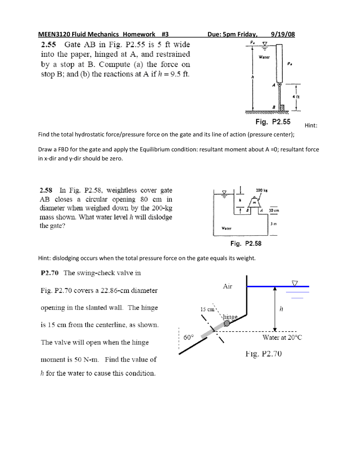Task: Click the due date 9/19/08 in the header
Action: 283,34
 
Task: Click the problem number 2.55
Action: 48,44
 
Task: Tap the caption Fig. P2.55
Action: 273,122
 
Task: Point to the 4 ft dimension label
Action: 296,97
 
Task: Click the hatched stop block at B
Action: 282,107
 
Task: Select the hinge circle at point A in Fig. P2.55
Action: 279,84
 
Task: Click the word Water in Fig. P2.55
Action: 264,57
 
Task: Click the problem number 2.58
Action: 46,190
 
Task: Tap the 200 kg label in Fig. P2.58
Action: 262,191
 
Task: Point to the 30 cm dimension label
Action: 274,210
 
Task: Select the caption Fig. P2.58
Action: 246,243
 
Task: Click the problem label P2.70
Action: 49,273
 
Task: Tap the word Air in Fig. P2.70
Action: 227,286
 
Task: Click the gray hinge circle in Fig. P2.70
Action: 227,323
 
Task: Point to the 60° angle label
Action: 188,337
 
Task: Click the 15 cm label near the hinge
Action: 207,309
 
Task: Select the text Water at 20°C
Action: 282,337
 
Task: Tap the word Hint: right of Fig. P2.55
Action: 311,126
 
